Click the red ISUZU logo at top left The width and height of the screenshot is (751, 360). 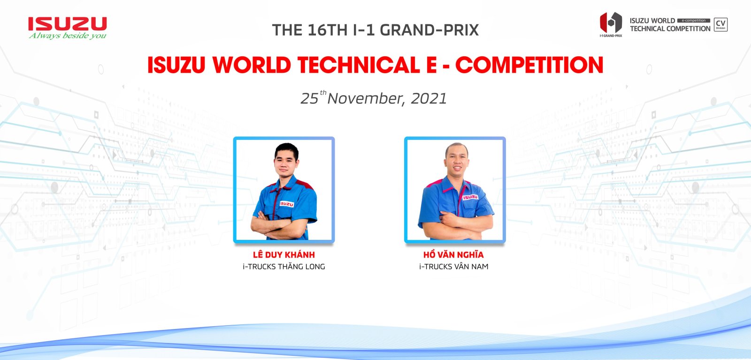pos(68,24)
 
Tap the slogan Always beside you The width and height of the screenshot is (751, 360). pos(68,36)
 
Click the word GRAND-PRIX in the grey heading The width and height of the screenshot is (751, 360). pos(429,30)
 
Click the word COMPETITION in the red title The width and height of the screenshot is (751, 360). pos(529,65)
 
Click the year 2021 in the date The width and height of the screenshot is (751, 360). pos(429,99)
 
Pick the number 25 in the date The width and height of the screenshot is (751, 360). pos(309,99)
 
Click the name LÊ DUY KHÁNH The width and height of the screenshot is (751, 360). pos(284,255)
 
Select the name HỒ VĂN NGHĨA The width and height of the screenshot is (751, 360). pos(453,255)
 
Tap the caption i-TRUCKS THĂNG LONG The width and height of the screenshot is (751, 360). pos(284,267)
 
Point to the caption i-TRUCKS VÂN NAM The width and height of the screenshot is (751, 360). pos(453,267)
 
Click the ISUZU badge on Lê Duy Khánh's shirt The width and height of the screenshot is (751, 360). pos(287,204)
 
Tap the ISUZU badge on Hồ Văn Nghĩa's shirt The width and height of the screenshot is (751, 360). pos(470,197)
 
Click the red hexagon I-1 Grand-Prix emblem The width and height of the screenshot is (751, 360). pos(611,23)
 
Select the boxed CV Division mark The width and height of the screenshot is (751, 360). pos(720,24)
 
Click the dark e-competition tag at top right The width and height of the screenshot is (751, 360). pos(694,21)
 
